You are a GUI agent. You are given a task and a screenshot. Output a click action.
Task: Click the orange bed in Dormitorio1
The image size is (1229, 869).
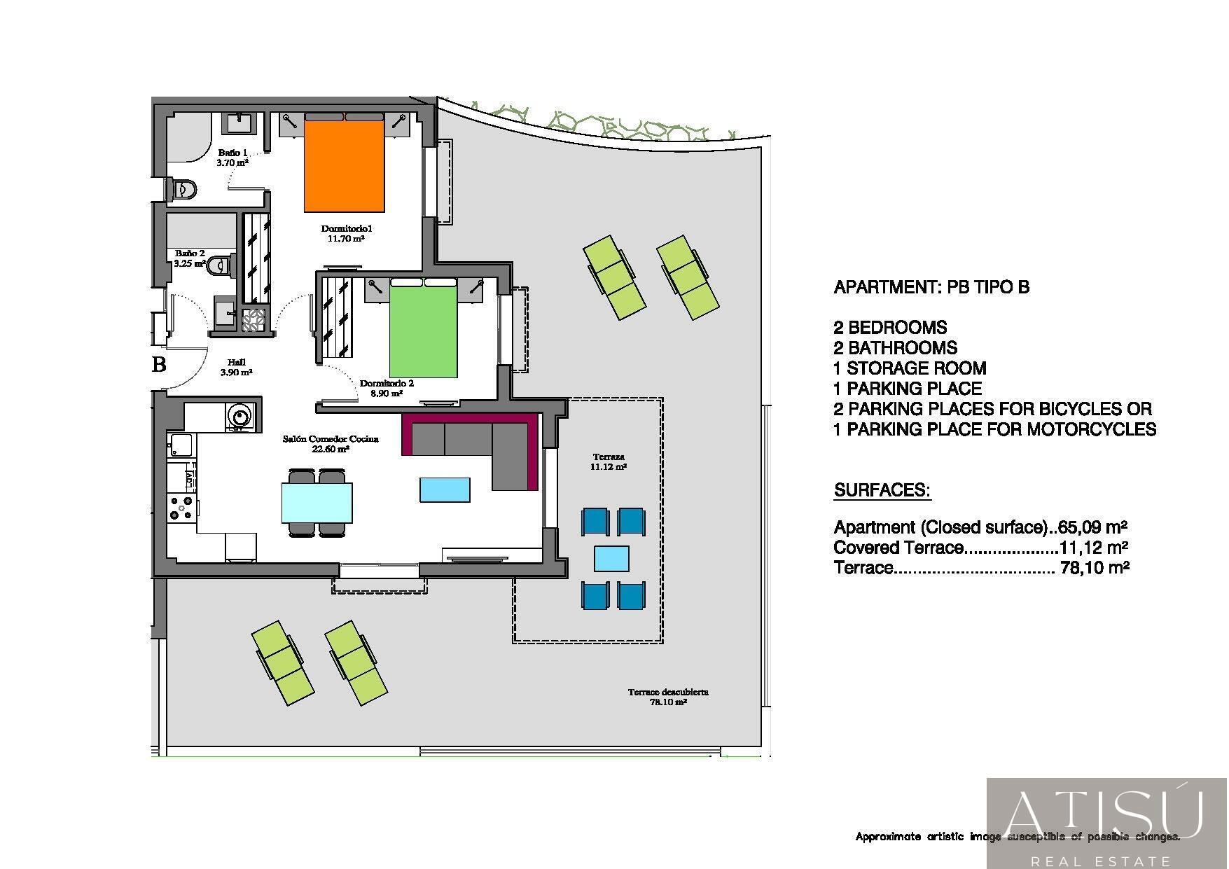point(344,167)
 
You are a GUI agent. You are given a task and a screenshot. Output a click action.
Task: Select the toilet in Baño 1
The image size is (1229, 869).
point(184,189)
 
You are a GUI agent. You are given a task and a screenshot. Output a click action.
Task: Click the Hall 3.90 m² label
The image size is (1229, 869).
point(236,368)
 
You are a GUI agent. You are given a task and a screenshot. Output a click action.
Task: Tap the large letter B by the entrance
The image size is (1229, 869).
point(160,364)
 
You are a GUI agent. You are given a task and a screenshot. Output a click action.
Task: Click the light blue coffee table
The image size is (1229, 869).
point(445,489)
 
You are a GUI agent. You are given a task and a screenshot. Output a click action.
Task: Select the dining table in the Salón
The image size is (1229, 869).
point(317,503)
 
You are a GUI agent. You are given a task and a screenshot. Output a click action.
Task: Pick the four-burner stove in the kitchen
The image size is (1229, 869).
point(181,508)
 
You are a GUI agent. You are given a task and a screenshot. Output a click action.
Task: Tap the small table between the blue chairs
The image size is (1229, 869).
point(611,559)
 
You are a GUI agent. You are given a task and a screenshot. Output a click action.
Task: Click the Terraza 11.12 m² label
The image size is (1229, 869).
point(608,461)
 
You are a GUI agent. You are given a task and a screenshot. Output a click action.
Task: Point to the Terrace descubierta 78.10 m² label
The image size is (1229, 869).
point(667,696)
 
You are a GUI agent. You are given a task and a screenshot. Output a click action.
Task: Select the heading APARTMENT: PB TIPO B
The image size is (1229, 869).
point(931,287)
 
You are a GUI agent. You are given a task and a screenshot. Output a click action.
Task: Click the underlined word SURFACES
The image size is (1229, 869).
point(882,490)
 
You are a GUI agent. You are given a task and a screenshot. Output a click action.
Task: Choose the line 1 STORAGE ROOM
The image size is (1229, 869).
point(910,368)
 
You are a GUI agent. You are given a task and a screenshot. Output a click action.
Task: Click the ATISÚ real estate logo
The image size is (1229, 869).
point(1106,823)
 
